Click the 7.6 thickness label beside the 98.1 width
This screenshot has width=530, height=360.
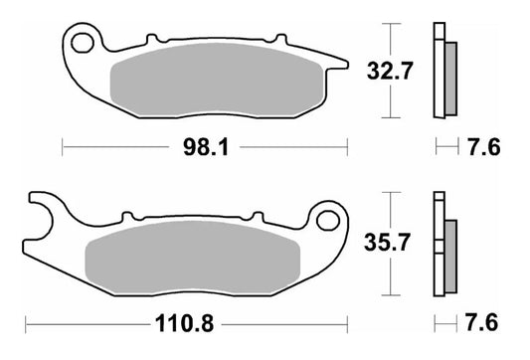(x=482, y=148)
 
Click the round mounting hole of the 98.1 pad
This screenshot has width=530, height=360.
(x=84, y=43)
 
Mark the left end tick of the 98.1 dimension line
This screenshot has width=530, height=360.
(x=63, y=148)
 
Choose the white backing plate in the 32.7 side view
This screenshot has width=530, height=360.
(x=437, y=70)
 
